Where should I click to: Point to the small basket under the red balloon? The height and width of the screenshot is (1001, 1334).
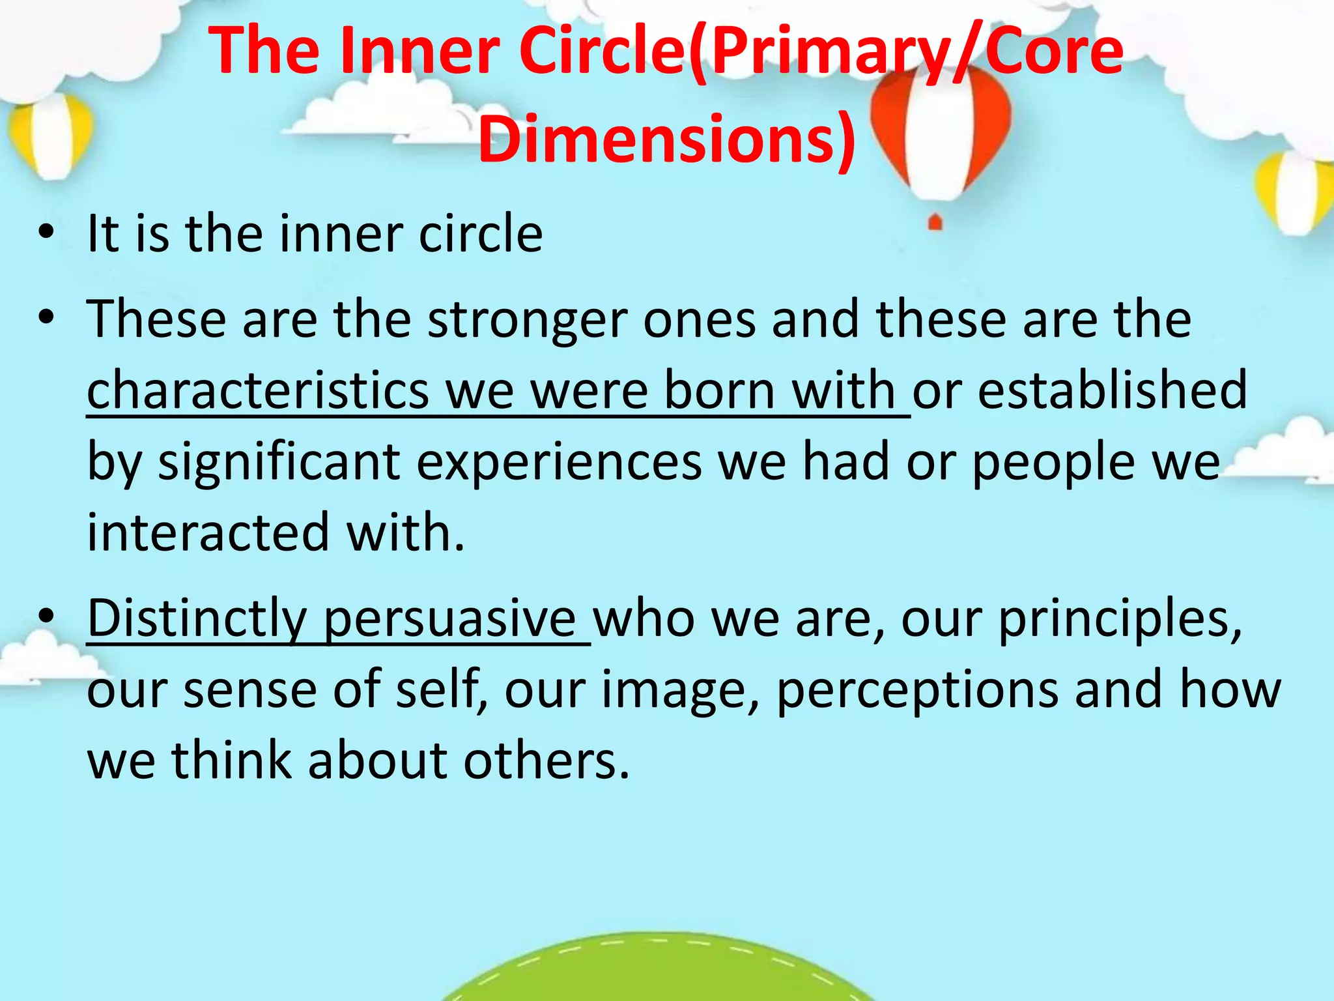tap(935, 222)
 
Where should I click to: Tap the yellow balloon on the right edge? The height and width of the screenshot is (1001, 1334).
tap(1296, 192)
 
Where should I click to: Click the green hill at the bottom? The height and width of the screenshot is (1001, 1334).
tap(658, 971)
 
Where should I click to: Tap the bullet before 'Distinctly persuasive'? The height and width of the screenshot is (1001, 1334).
tap(45, 617)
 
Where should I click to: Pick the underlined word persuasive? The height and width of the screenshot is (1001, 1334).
tap(449, 618)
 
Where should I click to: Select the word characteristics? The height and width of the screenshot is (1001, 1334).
tap(258, 390)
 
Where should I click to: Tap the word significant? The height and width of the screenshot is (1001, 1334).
tap(279, 462)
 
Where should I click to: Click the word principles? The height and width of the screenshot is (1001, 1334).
tap(1120, 618)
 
